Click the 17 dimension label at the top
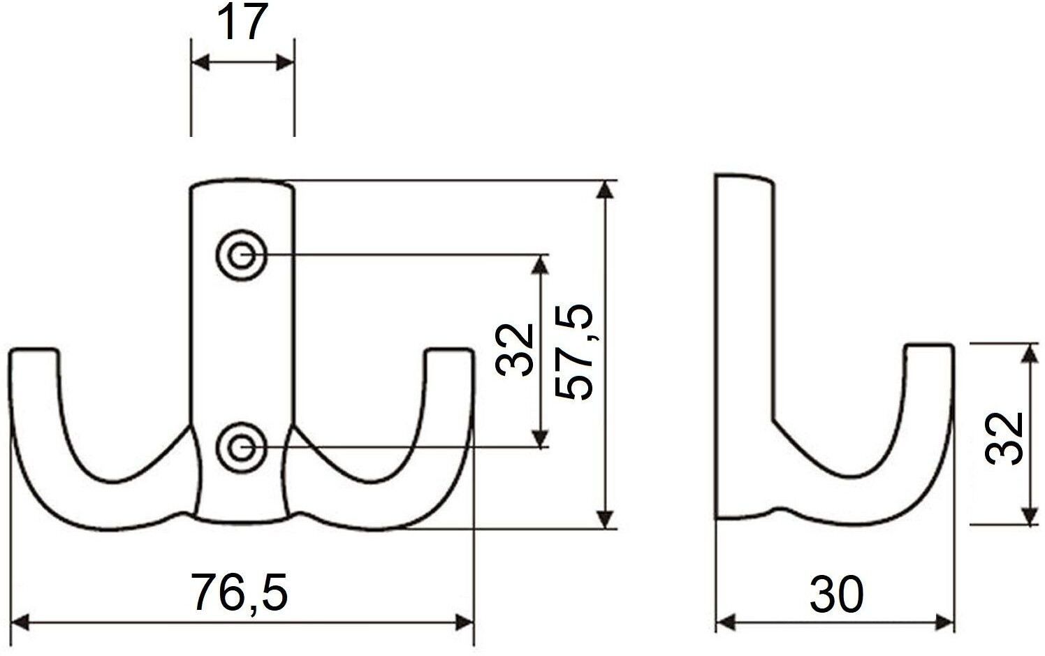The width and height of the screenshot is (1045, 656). coord(242,22)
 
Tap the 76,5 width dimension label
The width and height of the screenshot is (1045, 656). coord(240,592)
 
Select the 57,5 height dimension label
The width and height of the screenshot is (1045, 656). coord(574,352)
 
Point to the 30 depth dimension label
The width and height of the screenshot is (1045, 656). coord(836,594)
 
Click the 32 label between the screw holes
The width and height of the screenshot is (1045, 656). coord(514,350)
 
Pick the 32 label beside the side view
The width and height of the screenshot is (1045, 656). coord(1004,439)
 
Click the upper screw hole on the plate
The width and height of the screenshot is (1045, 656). coord(241,255)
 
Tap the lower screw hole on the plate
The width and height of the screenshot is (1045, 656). coord(241,447)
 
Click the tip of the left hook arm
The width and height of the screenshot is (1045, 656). coord(34,351)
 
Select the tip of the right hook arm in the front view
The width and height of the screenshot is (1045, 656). coord(449,351)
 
